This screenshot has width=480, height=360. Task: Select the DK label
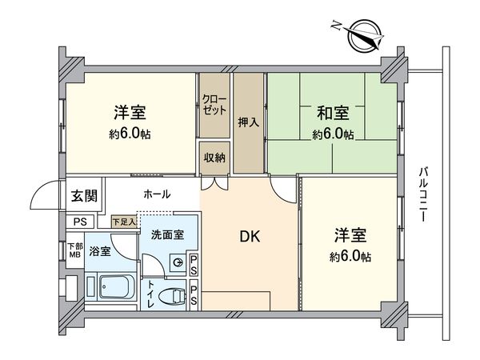(248, 238)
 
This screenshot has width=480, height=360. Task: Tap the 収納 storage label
(214, 158)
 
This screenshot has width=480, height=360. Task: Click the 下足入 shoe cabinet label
(124, 220)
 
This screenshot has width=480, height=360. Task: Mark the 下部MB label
(74, 250)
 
